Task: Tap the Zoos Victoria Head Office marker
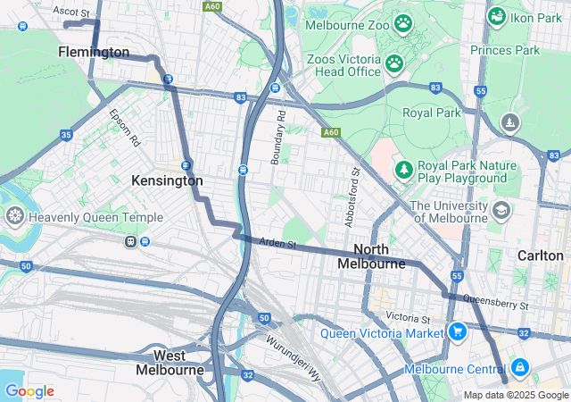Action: [x=393, y=63]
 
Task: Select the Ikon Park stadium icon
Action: [x=497, y=16]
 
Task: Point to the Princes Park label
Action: [x=505, y=50]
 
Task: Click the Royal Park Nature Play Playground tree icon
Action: [x=403, y=168]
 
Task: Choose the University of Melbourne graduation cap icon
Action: [x=501, y=210]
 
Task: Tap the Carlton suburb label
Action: [x=540, y=255]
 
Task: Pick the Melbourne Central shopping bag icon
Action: [x=519, y=367]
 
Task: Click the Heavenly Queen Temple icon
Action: [x=15, y=215]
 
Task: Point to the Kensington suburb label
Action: [x=167, y=180]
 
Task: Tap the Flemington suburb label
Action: [x=94, y=53]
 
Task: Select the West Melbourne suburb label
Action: [x=170, y=363]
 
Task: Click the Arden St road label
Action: [x=277, y=243]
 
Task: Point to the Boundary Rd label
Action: [x=278, y=138]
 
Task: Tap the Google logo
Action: [x=29, y=390]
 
